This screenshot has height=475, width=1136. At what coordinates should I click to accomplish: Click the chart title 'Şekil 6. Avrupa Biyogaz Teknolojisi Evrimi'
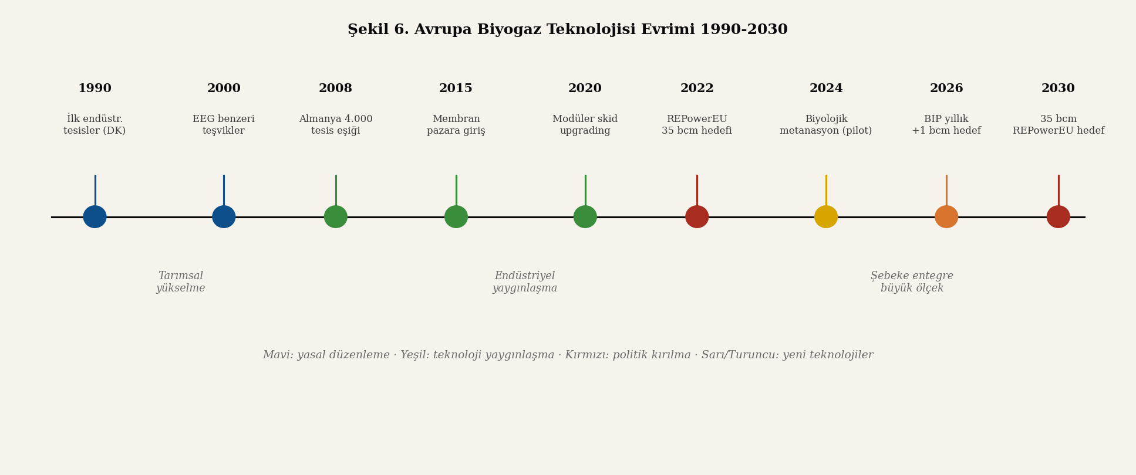coord(567,30)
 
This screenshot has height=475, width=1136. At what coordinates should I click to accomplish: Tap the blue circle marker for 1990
coord(95,217)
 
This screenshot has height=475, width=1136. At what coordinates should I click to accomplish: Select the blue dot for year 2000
coord(224,217)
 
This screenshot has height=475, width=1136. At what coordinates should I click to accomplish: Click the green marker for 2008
coord(336,217)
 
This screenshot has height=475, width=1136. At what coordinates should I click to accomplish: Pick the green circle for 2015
coord(456,217)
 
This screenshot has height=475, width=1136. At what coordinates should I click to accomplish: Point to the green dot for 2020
coord(585,217)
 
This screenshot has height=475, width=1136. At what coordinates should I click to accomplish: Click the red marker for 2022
coord(697,217)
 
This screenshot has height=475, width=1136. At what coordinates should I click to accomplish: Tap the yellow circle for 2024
coord(826,217)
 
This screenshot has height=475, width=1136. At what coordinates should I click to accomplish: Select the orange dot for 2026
coord(946,217)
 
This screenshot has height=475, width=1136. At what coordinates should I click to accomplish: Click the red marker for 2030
coord(1059,217)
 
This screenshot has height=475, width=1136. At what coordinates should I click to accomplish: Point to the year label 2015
coord(456,89)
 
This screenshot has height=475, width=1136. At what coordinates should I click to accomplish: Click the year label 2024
coord(826,89)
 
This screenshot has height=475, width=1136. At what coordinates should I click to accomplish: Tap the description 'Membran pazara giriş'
coord(456,125)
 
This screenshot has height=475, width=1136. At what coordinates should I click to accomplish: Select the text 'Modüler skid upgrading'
coord(585,125)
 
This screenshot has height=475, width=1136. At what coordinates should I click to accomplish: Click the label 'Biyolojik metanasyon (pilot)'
coord(826,125)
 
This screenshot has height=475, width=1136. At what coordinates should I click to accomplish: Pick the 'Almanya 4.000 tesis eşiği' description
coord(336,125)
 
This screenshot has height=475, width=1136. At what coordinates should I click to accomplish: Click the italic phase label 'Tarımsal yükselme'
coord(181,282)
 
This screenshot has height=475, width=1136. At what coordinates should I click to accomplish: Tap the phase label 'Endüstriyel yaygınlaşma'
coord(525,282)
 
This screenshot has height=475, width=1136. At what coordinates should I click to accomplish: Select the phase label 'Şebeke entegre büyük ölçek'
coord(912,282)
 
